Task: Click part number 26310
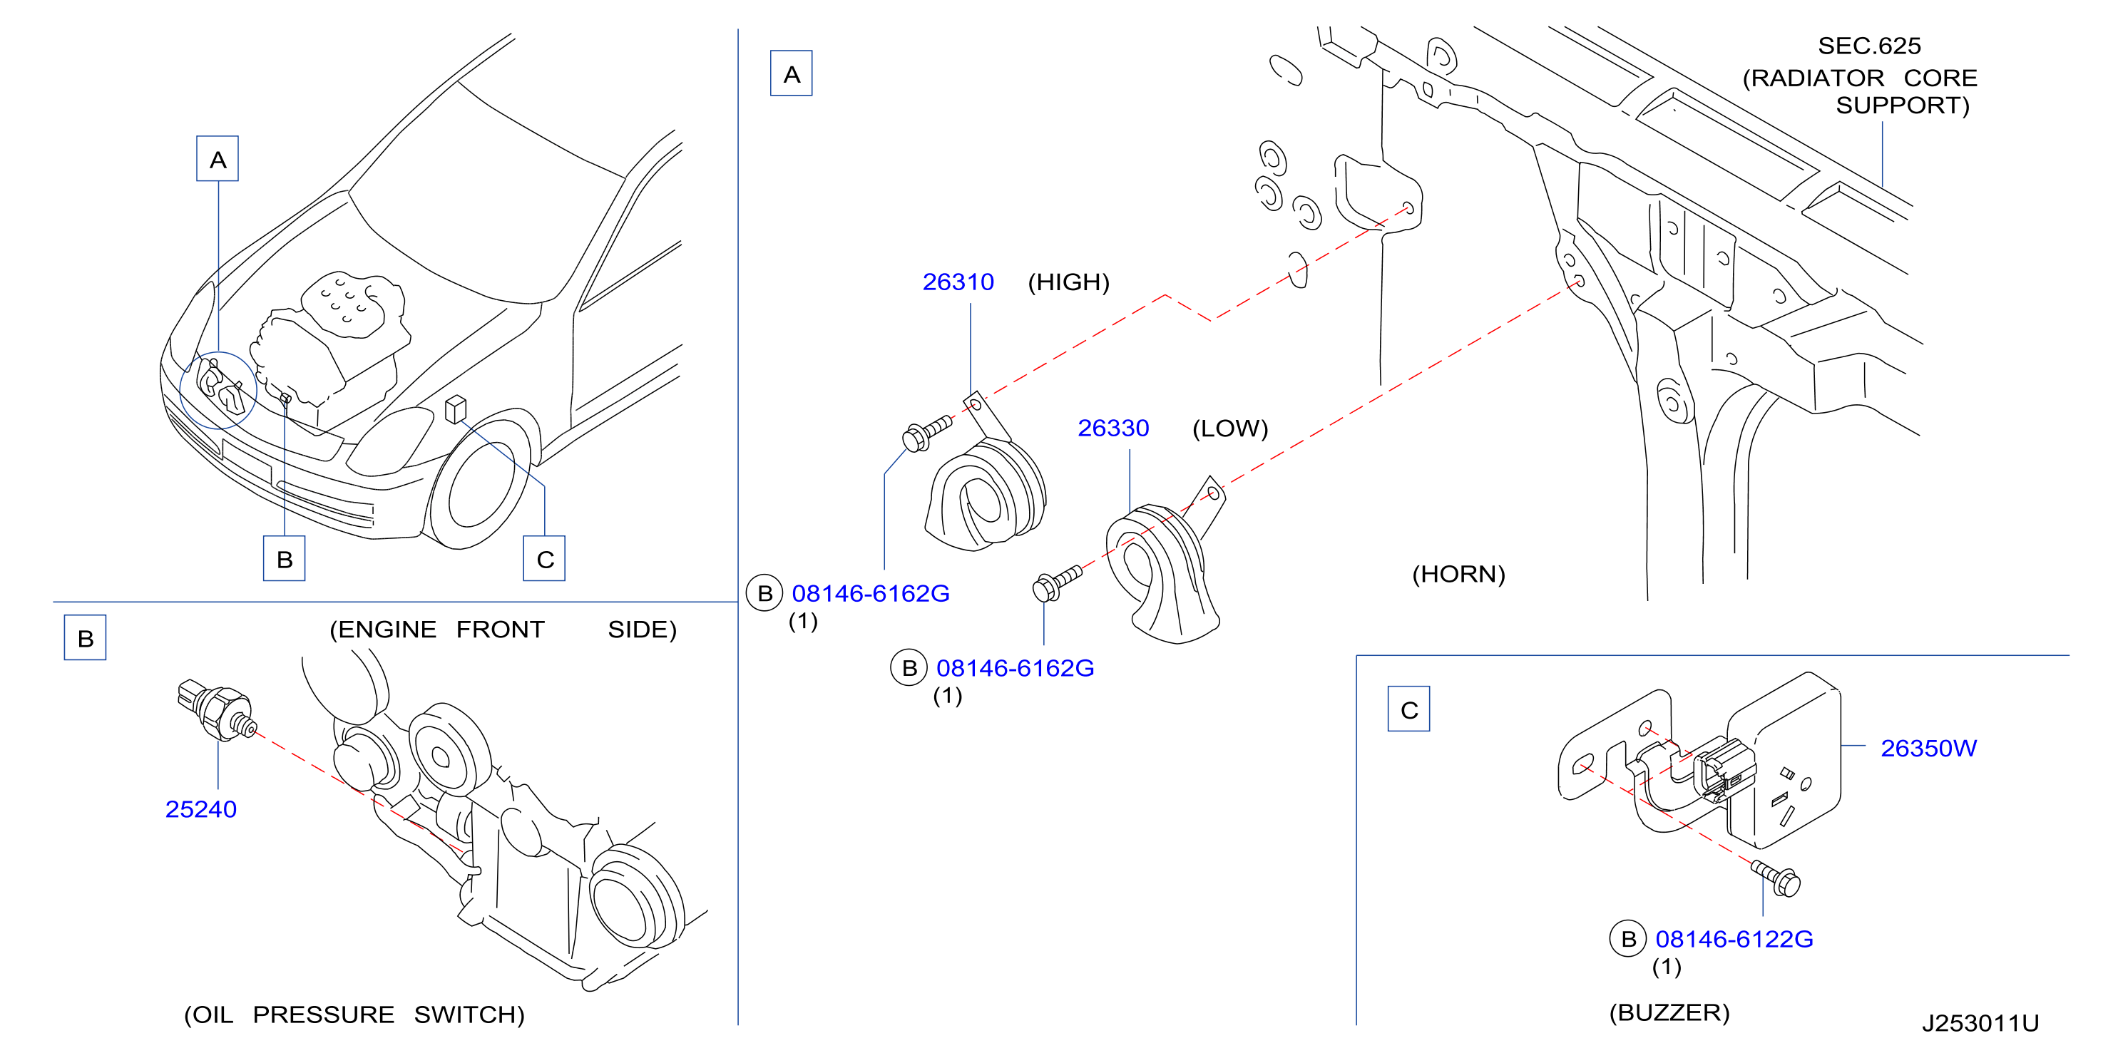click(958, 282)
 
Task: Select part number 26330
click(1112, 428)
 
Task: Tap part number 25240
click(200, 809)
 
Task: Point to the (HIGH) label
click(1068, 282)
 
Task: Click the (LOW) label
click(1229, 428)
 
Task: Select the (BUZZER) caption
click(1669, 1012)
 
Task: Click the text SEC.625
click(1869, 46)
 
